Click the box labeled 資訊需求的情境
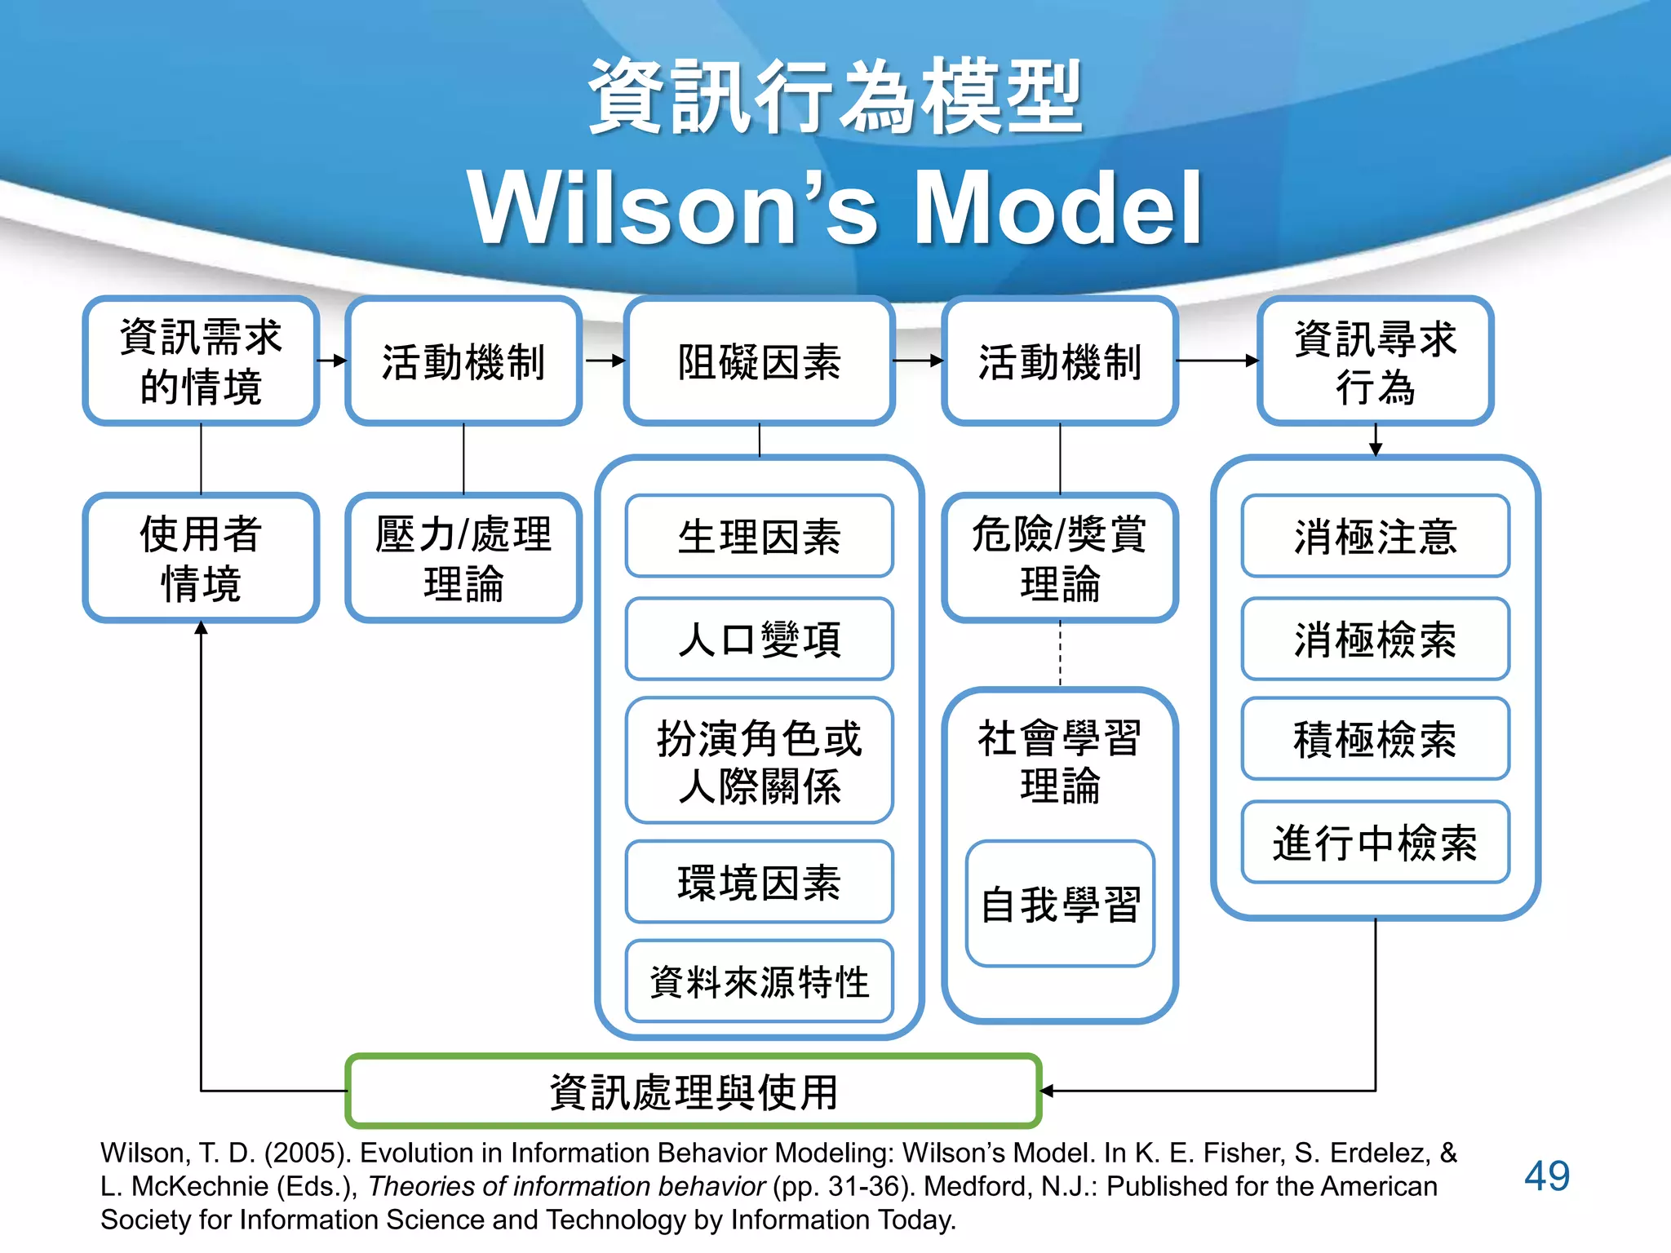[x=201, y=361]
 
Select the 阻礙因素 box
[x=759, y=361]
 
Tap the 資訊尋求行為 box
[x=1375, y=361]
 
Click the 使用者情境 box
[x=201, y=558]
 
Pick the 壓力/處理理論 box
[x=463, y=558]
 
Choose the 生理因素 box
[x=759, y=536]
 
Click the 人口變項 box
[x=759, y=639]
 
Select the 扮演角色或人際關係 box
[x=759, y=760]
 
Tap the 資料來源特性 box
[x=759, y=981]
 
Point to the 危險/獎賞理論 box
[x=1059, y=558]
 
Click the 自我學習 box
[x=1059, y=904]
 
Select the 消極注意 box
[x=1375, y=536]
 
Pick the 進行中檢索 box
[x=1375, y=842]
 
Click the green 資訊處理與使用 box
[x=694, y=1091]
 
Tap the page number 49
[x=1546, y=1176]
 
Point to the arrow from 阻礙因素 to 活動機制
[x=918, y=361]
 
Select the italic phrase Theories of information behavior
[x=566, y=1186]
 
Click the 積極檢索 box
[x=1375, y=739]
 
